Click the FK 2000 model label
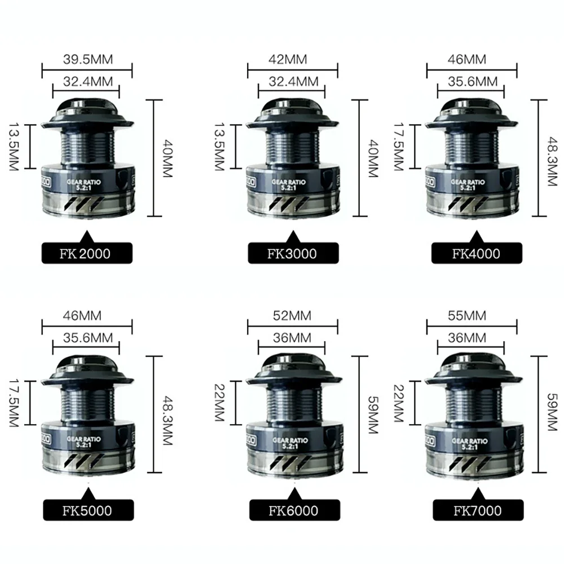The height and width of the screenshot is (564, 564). [x=86, y=253]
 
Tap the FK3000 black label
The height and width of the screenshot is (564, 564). [x=292, y=253]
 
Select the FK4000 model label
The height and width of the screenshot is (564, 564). [x=475, y=253]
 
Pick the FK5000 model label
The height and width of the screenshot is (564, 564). [x=86, y=511]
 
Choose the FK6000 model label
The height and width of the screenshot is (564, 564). [x=292, y=511]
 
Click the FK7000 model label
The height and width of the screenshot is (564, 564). [x=475, y=511]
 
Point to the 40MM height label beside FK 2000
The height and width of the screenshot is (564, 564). [x=165, y=158]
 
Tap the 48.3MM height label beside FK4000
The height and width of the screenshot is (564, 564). [x=545, y=158]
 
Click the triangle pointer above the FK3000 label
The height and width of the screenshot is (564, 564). [x=292, y=235]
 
